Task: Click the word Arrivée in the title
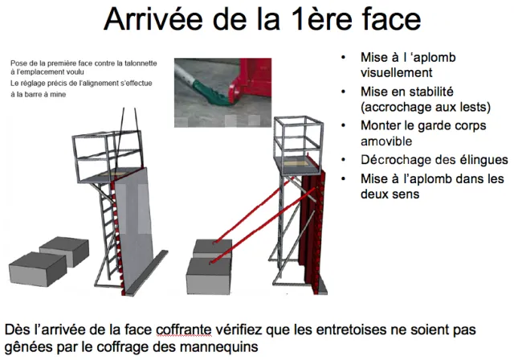coord(153,19)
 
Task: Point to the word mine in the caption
coord(59,95)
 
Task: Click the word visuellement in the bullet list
coord(396,72)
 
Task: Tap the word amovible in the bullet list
coord(386,141)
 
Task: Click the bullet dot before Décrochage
coord(343,160)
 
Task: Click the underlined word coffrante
coord(184,329)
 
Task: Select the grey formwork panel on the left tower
coord(134,230)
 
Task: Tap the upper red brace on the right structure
coord(253,211)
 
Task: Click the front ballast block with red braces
coord(209,276)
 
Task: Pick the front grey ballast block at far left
coord(37,268)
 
